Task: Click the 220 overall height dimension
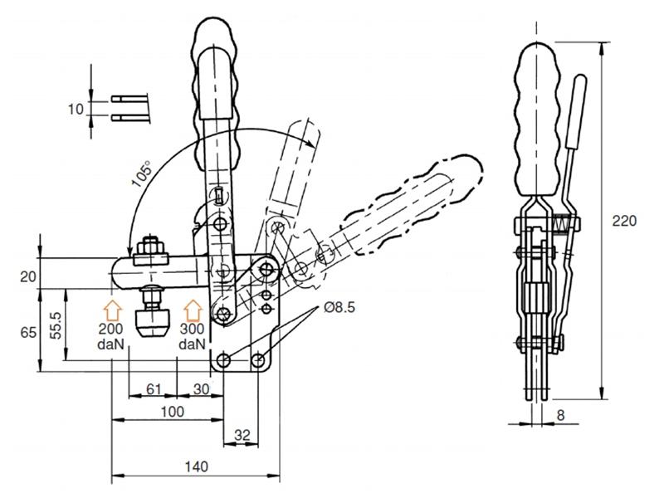[x=624, y=221]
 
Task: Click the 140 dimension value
[x=197, y=466]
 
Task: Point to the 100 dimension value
[x=173, y=411]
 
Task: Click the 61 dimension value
[x=153, y=388]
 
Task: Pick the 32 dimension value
[x=242, y=434]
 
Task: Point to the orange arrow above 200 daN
[x=115, y=311]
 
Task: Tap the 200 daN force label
[x=114, y=335]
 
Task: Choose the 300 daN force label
[x=192, y=335]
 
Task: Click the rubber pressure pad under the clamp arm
[x=152, y=317]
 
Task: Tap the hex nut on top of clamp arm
[x=150, y=247]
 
